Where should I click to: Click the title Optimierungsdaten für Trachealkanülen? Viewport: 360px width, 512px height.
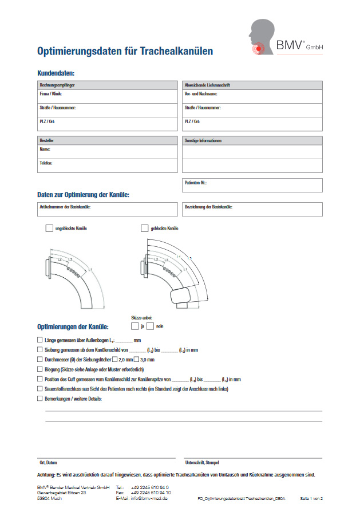click(125, 52)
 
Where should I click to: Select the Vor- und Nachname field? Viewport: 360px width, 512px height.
click(252, 96)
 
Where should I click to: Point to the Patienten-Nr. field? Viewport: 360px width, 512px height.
click(252, 186)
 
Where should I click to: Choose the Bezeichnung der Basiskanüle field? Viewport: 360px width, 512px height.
click(252, 210)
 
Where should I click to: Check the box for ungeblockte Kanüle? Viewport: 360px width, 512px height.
click(49, 229)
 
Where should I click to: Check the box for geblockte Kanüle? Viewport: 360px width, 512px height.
click(145, 229)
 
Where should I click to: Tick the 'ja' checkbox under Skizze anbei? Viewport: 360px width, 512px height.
click(134, 326)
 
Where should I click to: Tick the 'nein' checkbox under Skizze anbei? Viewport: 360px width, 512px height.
click(150, 326)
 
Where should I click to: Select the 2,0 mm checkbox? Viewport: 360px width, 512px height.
click(115, 360)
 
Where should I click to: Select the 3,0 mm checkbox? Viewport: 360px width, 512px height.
click(136, 360)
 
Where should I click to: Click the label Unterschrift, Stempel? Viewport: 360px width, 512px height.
click(201, 462)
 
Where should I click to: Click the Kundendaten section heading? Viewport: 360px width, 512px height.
click(56, 73)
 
